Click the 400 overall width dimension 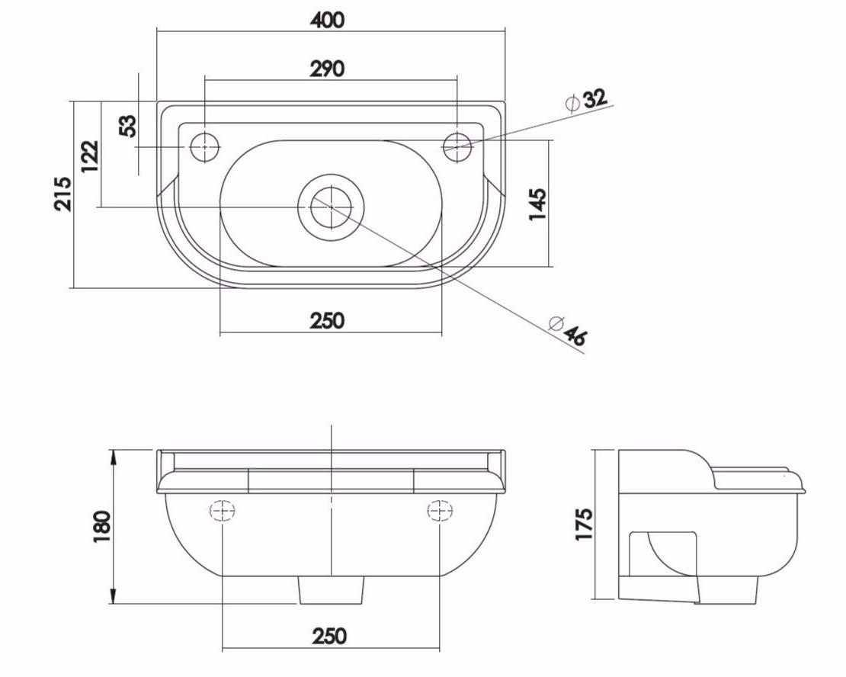(327, 20)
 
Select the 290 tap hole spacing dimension (327, 69)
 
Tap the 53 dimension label (128, 126)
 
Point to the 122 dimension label (90, 156)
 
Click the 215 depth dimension (62, 193)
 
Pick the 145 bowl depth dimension (537, 204)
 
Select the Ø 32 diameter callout (586, 101)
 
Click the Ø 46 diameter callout (567, 329)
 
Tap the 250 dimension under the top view (327, 321)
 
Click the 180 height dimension (101, 526)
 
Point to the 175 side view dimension (584, 523)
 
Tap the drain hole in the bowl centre (332, 207)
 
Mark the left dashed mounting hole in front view (223, 510)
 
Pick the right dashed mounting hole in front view (440, 510)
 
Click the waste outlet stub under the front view (332, 589)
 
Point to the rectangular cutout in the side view (663, 554)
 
